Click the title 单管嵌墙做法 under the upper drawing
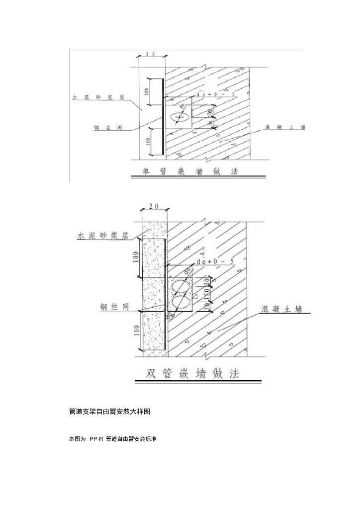190,171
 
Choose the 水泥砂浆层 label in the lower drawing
102,236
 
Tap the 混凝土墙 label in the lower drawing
281,309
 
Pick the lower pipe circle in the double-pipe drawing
180,303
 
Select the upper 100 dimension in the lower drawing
136,257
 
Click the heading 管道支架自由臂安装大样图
109,412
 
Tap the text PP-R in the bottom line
96,439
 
